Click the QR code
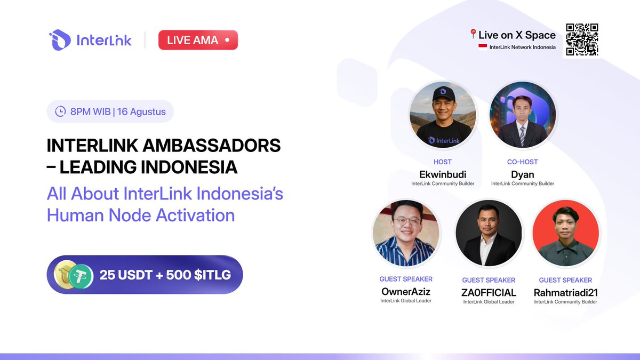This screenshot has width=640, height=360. coord(582,39)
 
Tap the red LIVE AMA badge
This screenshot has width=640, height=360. coord(198,40)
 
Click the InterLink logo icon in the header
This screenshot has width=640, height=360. coord(60,40)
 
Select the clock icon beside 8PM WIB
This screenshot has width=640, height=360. coord(60,112)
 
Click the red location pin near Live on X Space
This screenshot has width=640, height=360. coord(473,35)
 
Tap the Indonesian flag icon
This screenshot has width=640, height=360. coord(483,47)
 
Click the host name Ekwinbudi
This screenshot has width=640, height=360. coord(443,174)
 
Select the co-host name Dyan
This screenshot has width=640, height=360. coord(522,174)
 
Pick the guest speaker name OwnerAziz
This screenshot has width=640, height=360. coord(406,292)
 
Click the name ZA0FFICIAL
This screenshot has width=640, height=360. coord(489,292)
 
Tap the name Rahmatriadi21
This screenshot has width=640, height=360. coord(565,292)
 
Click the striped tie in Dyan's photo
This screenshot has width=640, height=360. coord(522,137)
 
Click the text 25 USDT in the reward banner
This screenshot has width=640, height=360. coord(124,275)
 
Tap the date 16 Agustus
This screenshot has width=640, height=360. coord(142,112)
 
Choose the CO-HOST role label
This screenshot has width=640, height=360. coord(522,162)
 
